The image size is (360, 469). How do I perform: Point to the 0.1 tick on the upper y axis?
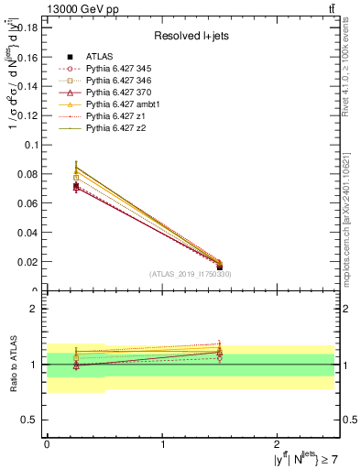click(34, 145)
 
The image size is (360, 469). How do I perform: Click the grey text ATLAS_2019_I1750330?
click(191, 274)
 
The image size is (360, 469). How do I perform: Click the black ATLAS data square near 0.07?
click(76, 186)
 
